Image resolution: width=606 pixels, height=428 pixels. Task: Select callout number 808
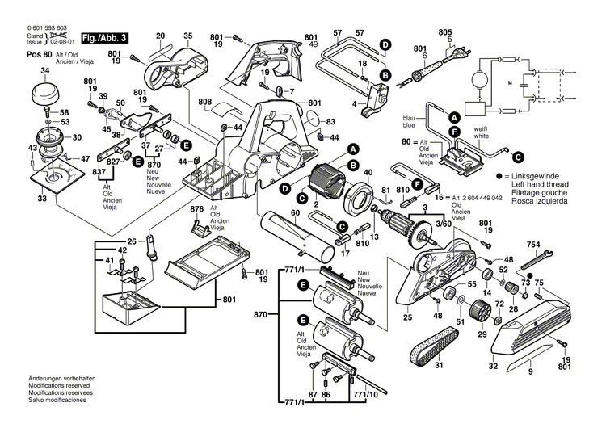coord(204,102)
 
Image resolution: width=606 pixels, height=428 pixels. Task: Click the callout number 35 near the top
coord(188,36)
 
